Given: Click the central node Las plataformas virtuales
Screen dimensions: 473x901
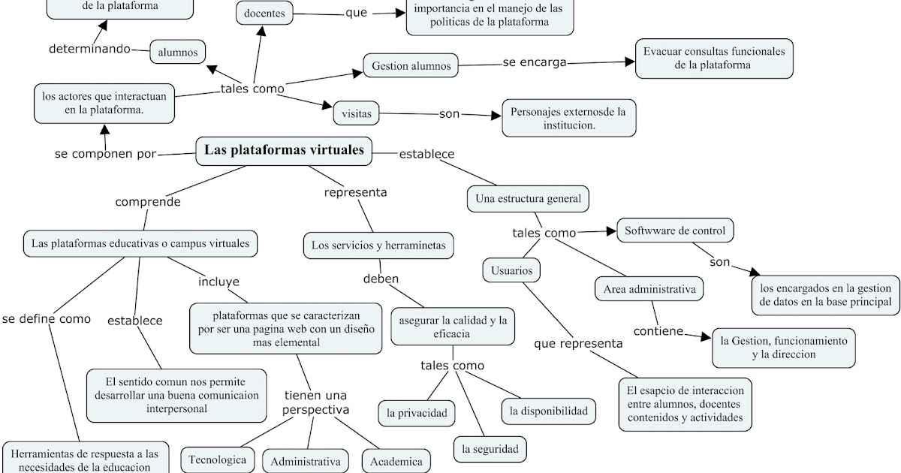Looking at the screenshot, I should (284, 150).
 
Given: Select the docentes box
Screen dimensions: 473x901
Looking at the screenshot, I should (265, 13).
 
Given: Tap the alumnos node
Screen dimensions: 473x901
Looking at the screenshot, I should (177, 52).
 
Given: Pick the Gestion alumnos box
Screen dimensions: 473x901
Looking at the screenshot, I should (411, 66).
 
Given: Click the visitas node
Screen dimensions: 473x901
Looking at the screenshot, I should (357, 113).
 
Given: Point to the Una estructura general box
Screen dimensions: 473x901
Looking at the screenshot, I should (528, 199).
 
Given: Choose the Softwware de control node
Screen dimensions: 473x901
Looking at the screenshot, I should (674, 230).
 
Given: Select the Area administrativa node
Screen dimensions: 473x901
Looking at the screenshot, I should (649, 288).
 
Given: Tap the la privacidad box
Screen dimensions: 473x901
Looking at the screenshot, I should (416, 412).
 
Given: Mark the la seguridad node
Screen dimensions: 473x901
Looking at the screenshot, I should (490, 449).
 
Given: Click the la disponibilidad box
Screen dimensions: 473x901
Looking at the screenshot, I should (549, 410).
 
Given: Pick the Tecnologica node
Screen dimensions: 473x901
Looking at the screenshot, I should (217, 459).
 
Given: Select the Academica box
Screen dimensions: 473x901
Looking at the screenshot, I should (396, 461).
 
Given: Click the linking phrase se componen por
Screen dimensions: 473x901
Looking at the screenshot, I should (105, 154).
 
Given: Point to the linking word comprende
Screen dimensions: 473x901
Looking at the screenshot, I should (147, 201).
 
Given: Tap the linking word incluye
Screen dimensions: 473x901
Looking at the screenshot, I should (218, 282).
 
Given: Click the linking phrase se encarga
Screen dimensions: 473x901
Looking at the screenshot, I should (534, 62).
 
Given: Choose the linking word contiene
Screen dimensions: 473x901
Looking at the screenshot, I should (658, 330).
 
